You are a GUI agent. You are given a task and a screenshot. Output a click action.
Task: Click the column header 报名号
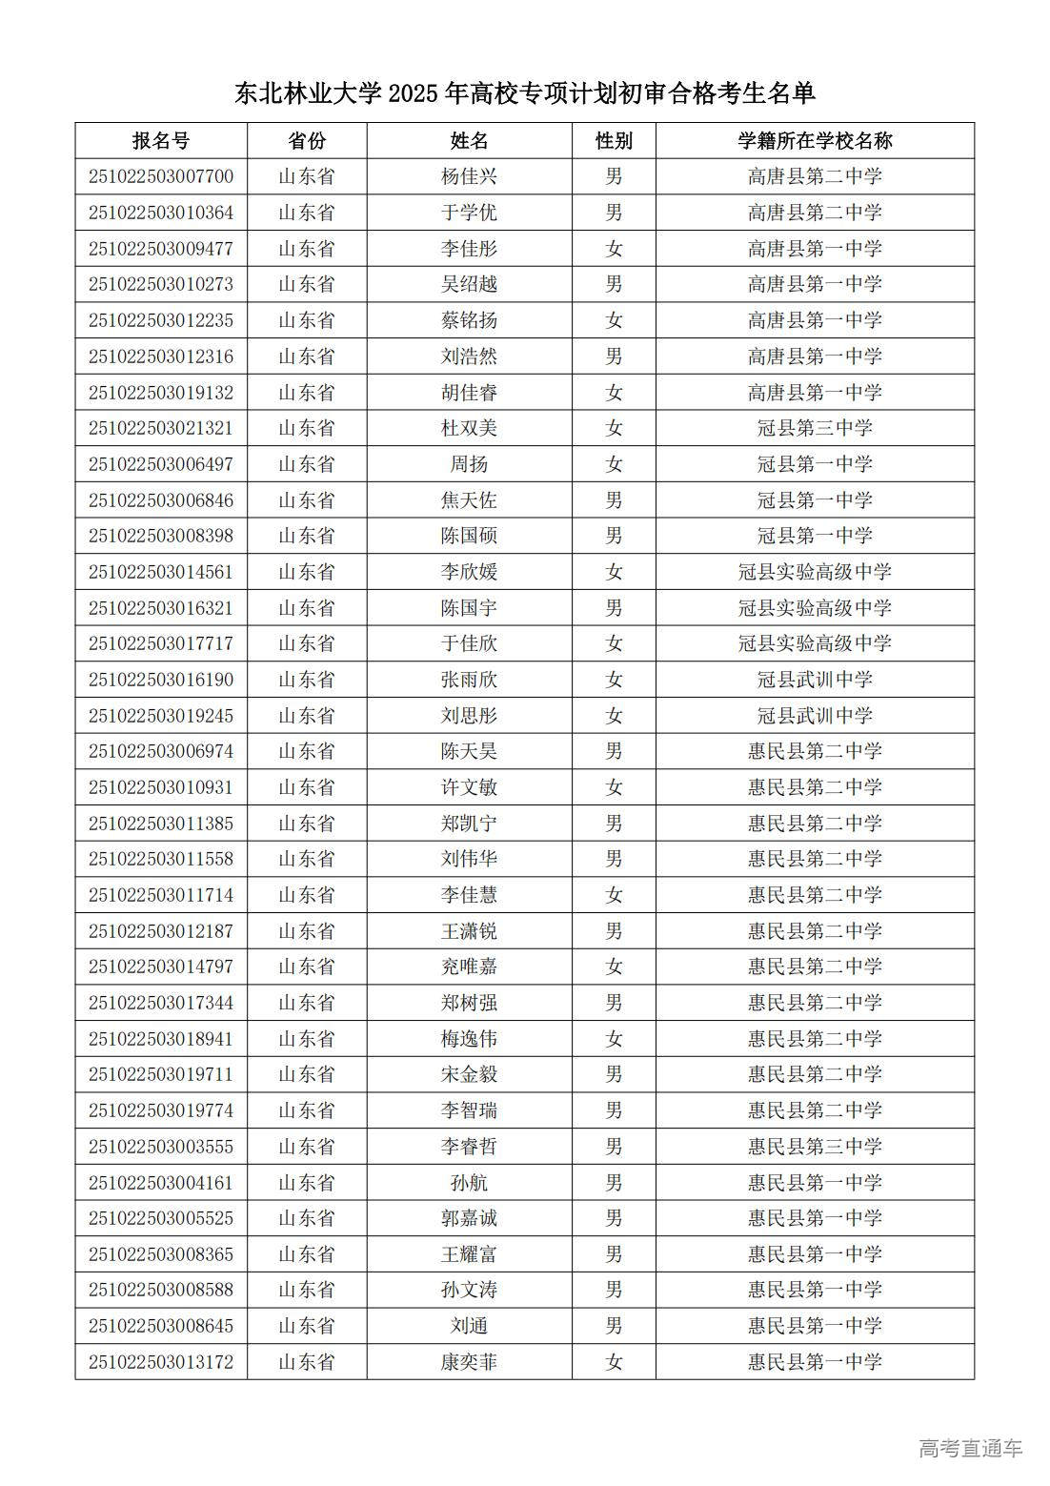tap(161, 141)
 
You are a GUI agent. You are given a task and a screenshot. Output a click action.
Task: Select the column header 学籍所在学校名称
tap(815, 141)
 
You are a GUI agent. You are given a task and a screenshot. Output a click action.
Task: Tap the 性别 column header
tap(614, 141)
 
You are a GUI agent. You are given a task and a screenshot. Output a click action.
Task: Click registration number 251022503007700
tap(161, 177)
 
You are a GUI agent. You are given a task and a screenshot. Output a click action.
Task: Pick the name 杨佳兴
tap(469, 177)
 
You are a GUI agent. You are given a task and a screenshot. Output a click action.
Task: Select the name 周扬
tap(469, 464)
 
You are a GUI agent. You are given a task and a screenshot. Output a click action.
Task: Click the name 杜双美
tap(469, 428)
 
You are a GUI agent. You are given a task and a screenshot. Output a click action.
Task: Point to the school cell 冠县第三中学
tap(815, 428)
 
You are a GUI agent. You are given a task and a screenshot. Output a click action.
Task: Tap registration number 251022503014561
tap(161, 572)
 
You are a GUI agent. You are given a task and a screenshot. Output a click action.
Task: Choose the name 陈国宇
tap(469, 608)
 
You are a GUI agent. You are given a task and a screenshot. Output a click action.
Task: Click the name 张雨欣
tap(469, 680)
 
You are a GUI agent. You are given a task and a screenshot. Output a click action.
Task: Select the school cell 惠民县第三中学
tap(815, 1147)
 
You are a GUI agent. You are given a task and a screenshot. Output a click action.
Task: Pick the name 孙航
tap(469, 1183)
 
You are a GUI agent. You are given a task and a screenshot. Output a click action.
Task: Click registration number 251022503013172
tap(161, 1362)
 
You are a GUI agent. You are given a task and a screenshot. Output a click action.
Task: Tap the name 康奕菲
tap(469, 1362)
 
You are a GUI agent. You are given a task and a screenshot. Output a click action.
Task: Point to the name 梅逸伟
tap(469, 1039)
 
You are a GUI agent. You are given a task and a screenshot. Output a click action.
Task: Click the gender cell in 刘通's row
tap(614, 1326)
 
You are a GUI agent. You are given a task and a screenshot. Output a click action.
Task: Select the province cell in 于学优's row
tap(307, 213)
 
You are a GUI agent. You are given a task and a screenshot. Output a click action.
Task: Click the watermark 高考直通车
tap(970, 1449)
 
